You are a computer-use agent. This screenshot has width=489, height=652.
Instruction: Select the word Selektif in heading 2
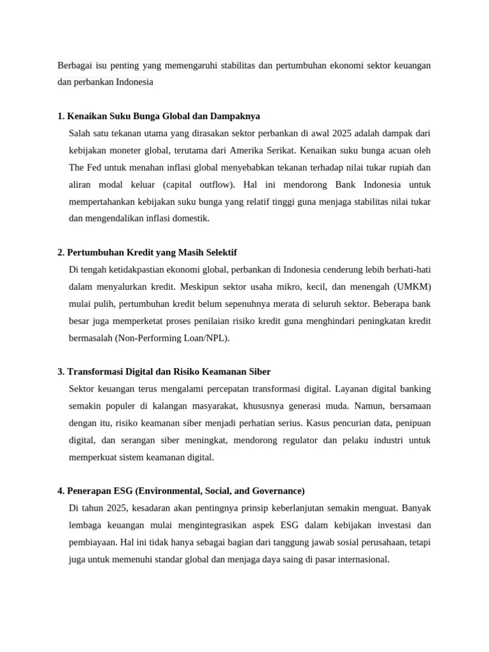[x=219, y=252]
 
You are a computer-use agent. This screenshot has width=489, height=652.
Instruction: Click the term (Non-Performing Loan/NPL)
[x=172, y=337]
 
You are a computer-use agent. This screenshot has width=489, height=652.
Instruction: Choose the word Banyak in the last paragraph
[x=416, y=508]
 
